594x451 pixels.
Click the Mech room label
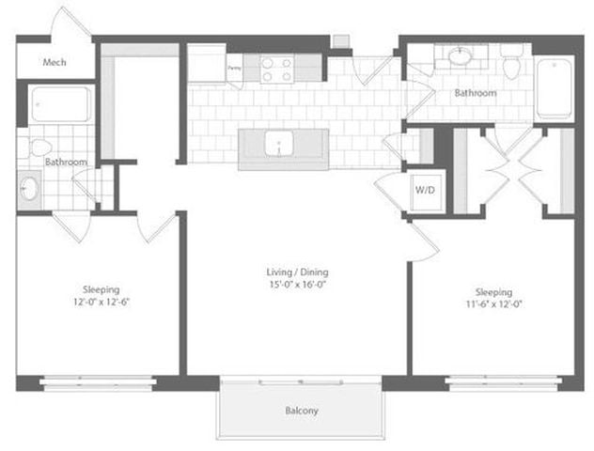[x=54, y=63]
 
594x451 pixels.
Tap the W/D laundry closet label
[x=423, y=189]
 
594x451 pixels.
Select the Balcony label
[x=301, y=412]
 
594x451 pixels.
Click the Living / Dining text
[x=296, y=273]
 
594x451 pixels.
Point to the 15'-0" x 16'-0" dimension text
[x=296, y=286]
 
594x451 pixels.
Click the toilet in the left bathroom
[x=40, y=148]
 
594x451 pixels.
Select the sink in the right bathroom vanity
[x=460, y=58]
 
